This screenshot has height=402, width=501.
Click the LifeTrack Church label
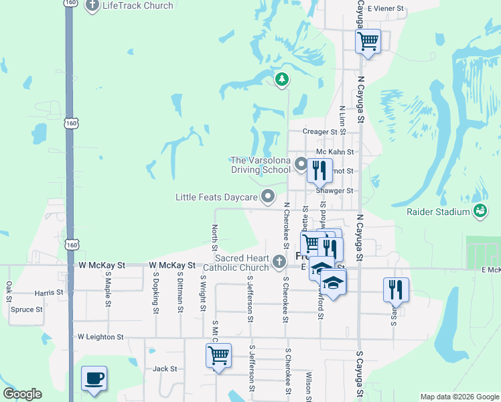[137, 5]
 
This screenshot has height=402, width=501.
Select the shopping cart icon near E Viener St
[368, 42]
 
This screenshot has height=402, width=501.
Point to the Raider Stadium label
[439, 212]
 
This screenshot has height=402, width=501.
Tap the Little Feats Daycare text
[216, 197]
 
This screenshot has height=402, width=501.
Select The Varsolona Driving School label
[260, 165]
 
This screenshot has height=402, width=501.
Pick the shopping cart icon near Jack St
[218, 356]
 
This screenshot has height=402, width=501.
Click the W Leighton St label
[100, 337]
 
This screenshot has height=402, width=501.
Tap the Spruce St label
[27, 310]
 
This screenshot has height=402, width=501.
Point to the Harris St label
[50, 293]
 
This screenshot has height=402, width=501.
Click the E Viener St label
[386, 9]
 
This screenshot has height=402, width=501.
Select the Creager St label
[320, 132]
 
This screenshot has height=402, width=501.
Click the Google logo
[22, 394]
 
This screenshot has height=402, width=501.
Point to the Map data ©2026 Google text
[459, 397]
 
